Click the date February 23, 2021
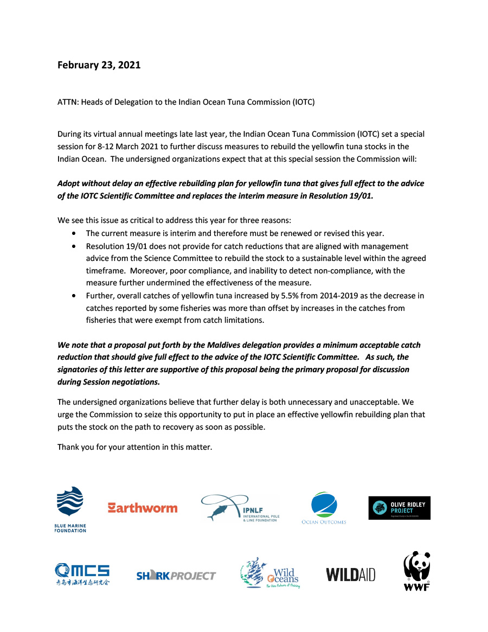[99, 65]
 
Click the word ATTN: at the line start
[68, 102]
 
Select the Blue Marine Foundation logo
[70, 509]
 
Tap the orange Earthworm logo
[143, 508]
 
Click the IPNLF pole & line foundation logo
[240, 508]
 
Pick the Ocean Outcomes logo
[324, 508]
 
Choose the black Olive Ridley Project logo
[399, 508]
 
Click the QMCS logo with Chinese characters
[82, 574]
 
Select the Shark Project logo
[176, 576]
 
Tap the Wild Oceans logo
[269, 573]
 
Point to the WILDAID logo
[350, 574]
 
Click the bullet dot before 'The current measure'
[74, 234]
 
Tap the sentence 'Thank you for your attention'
[134, 448]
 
